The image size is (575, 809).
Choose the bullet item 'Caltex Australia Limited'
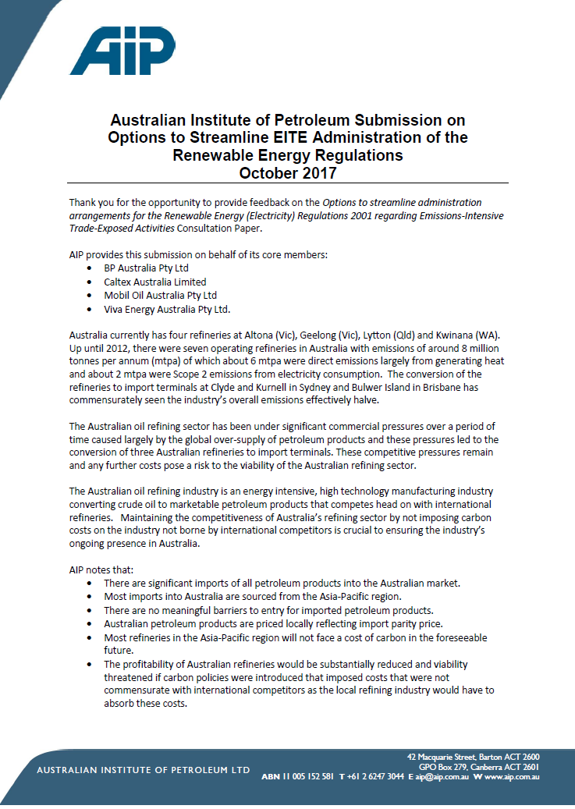155,282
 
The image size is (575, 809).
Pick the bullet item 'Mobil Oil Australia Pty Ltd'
160,296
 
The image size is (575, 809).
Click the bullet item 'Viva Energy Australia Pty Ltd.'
167,310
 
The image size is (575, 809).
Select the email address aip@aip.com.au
442,777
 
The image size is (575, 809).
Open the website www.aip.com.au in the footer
511,777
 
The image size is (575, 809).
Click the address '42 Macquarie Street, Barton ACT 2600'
473,757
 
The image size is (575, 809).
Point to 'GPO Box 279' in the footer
439,767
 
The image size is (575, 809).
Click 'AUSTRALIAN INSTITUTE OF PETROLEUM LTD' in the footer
144,771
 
